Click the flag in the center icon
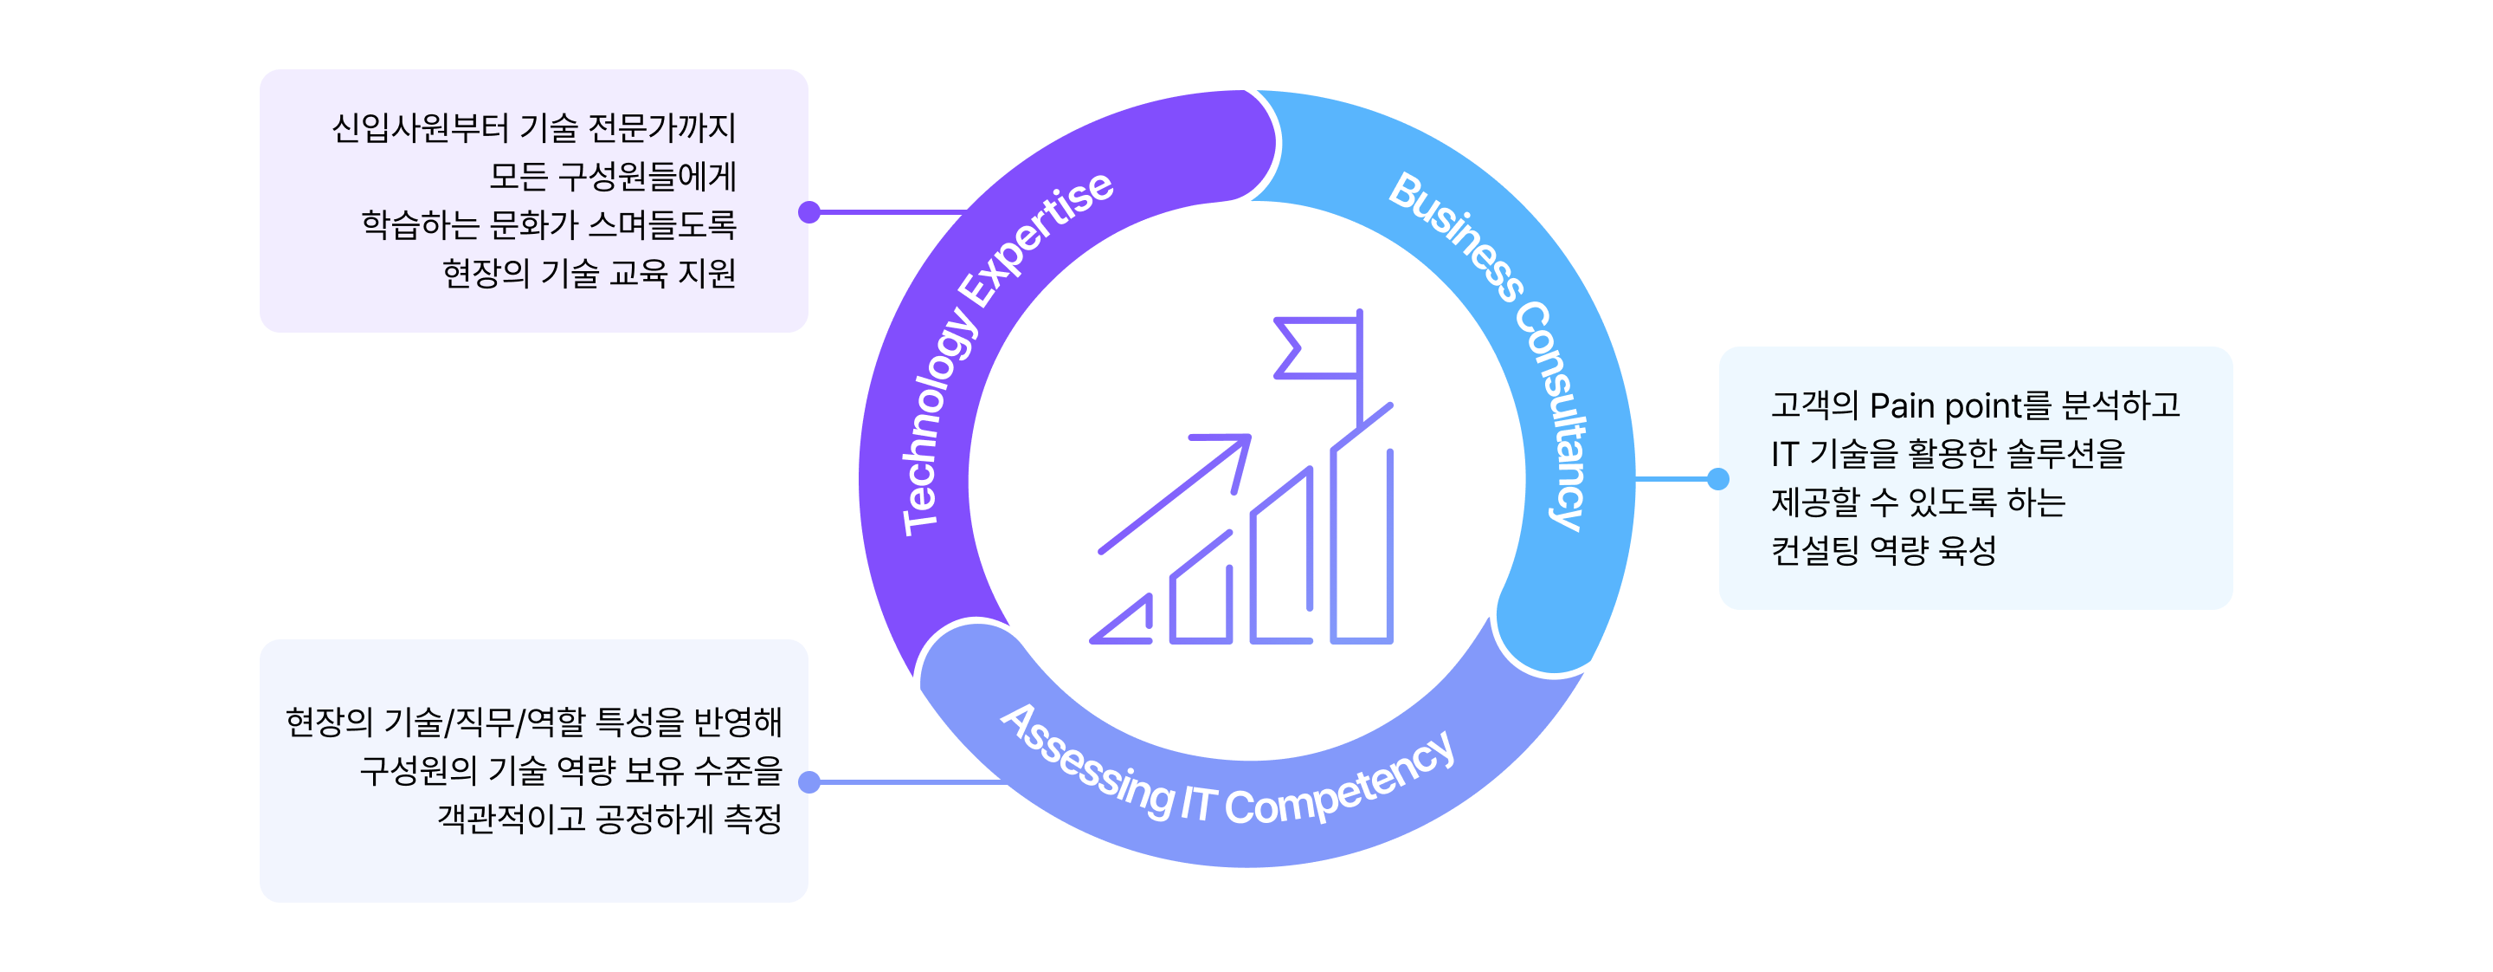point(1316,347)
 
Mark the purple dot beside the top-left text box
point(809,212)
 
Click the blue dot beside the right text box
point(1717,478)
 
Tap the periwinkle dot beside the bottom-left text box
point(809,782)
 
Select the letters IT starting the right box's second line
point(1785,454)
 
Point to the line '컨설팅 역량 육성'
point(1884,551)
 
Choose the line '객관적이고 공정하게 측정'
point(609,819)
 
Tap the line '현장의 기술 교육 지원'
point(589,273)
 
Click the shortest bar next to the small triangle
point(1201,586)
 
